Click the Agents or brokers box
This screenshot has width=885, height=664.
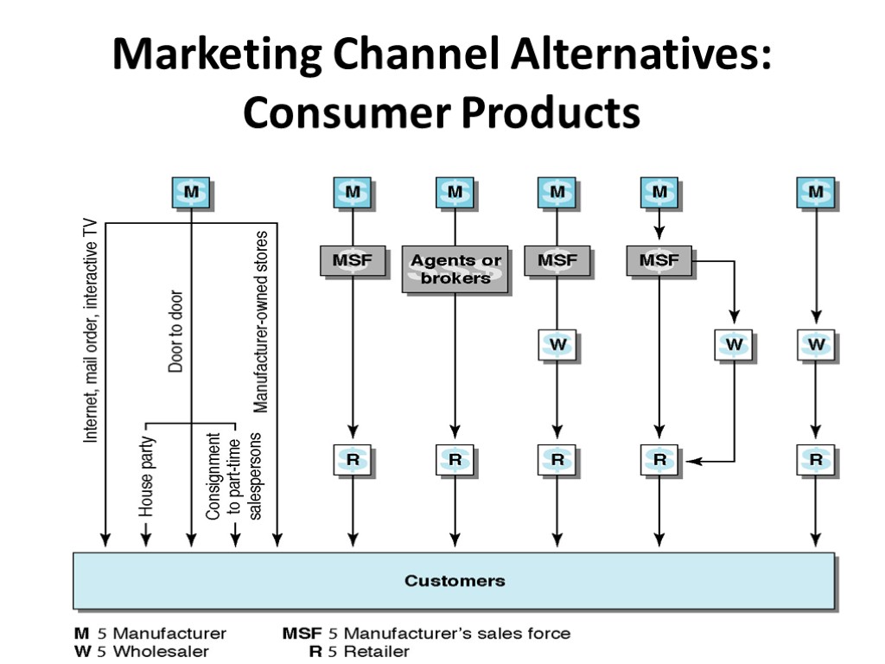(x=455, y=269)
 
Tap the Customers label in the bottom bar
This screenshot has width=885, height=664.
(x=455, y=580)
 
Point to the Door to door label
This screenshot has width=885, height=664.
(x=175, y=331)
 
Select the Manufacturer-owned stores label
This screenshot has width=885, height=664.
(x=261, y=320)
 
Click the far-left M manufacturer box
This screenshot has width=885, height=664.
(x=191, y=191)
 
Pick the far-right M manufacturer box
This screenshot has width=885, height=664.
(x=816, y=191)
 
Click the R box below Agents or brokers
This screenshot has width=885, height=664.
(x=455, y=460)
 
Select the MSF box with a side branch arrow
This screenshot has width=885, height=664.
(x=659, y=260)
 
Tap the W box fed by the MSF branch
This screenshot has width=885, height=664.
(x=735, y=345)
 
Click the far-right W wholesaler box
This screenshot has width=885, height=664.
(x=816, y=345)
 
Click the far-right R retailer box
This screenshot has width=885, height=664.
(x=816, y=460)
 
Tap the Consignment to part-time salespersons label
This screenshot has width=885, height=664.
(x=234, y=476)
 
